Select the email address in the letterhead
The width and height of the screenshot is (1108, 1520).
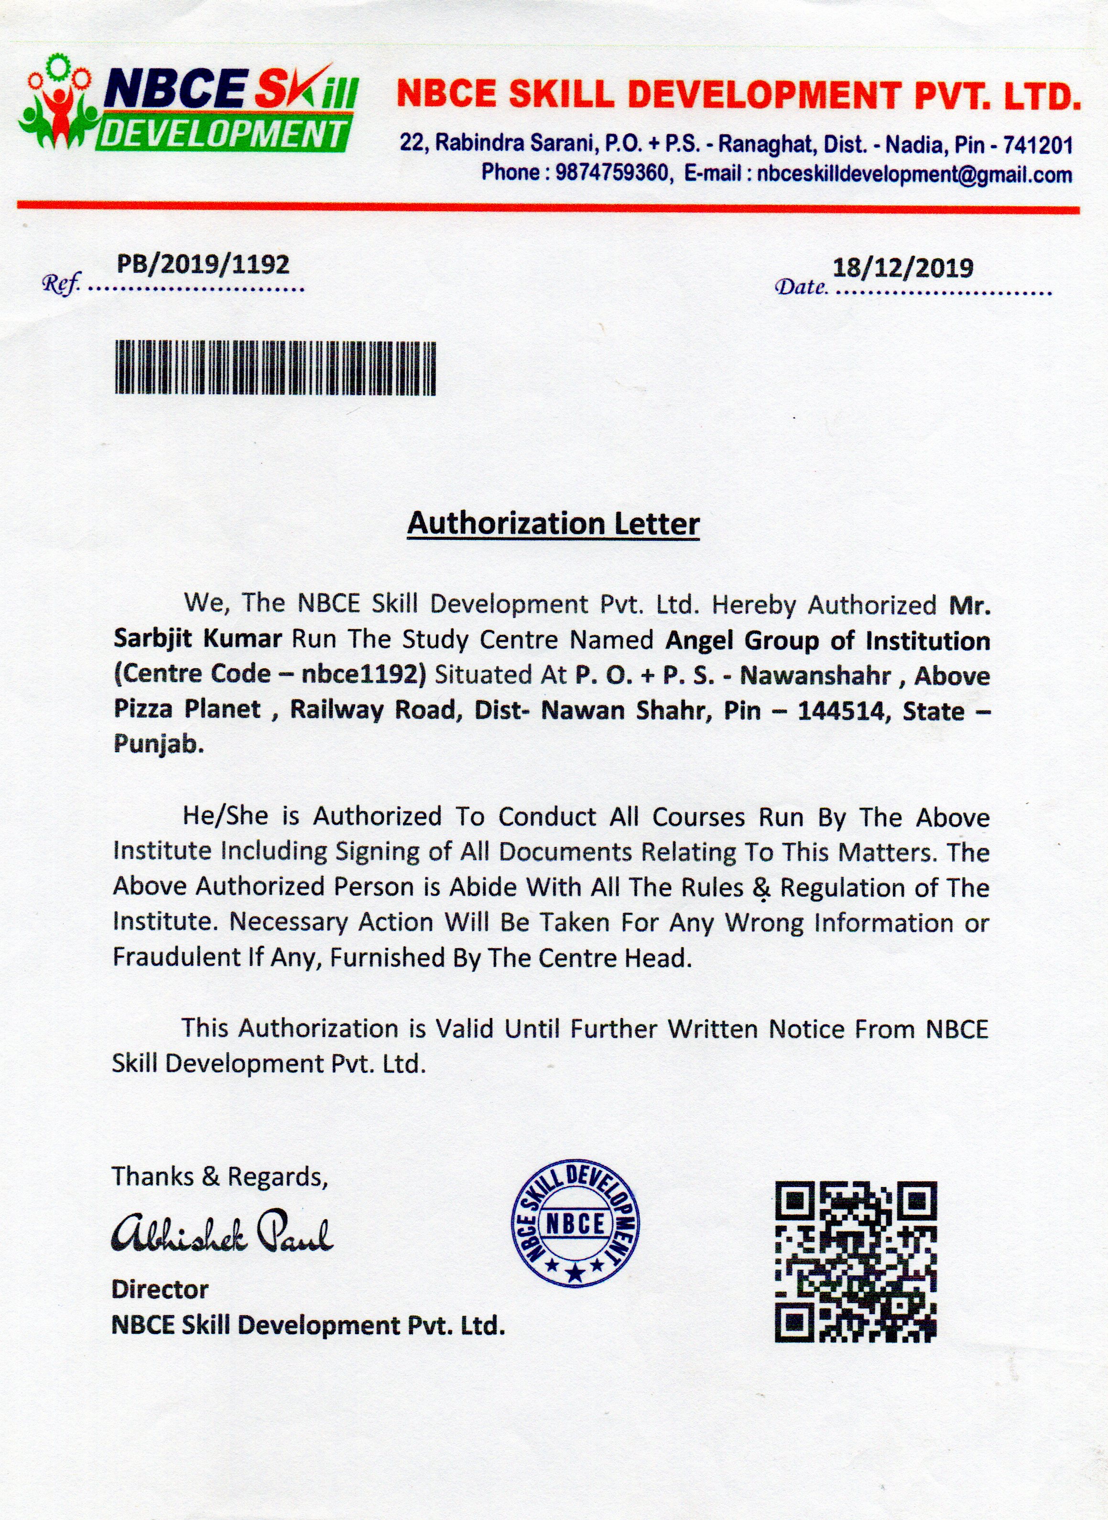(914, 174)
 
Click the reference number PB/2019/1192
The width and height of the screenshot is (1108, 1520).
(203, 264)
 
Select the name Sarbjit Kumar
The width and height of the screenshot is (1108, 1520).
(198, 639)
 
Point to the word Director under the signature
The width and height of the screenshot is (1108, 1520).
(160, 1289)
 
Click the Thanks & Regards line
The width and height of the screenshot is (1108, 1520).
(219, 1177)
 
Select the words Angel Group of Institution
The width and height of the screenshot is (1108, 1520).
(827, 641)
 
